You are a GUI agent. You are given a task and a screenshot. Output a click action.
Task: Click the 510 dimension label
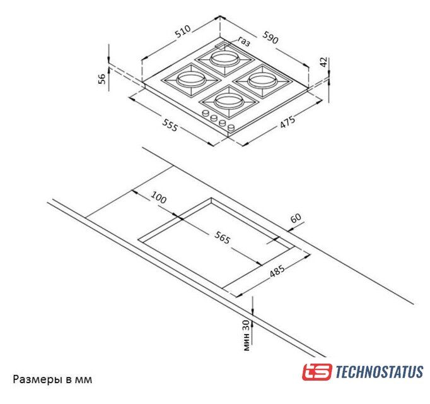pos(183,32)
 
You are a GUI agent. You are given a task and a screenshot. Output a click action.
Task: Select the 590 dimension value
pos(270,37)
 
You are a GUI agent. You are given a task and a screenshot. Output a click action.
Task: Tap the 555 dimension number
pos(170,125)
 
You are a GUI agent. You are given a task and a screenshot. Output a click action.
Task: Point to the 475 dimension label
pos(288,122)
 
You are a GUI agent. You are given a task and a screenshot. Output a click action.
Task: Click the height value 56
pos(102,79)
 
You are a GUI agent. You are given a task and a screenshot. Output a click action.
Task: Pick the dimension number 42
pos(324,62)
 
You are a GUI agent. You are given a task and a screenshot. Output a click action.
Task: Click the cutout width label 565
pos(222,237)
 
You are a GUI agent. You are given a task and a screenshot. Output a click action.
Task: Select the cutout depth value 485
pos(277,271)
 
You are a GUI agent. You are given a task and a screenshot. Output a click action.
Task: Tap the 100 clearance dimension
pos(158,198)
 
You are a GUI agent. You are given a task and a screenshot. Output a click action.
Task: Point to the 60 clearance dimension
pos(296,218)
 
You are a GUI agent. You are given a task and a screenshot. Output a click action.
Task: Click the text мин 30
pos(247,335)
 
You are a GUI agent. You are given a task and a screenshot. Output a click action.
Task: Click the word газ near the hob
pos(244,41)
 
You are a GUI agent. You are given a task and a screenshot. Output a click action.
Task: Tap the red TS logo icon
pos(317,372)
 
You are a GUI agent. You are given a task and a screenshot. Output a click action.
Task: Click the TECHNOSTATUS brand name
pos(380,372)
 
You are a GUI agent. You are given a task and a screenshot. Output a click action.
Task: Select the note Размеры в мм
pos(52,379)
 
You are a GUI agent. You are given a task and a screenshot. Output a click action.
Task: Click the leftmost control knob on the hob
pos(205,113)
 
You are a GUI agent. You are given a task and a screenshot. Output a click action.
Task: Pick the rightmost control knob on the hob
pos(231,128)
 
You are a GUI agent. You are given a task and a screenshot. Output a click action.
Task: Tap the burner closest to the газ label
pos(225,59)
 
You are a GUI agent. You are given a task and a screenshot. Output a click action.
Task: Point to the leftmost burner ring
pos(191,80)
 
